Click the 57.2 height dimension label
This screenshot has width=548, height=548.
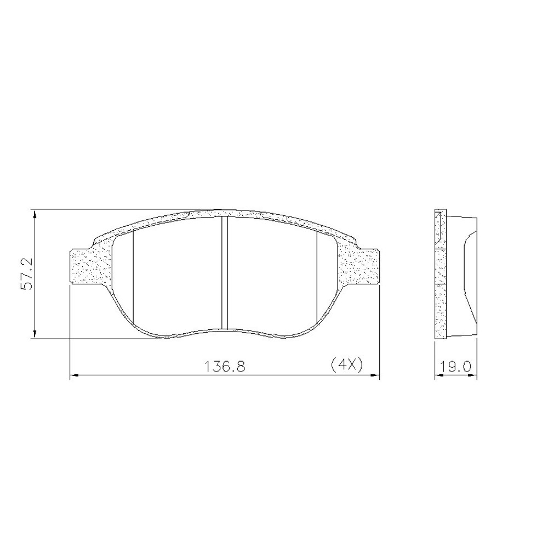pos(26,273)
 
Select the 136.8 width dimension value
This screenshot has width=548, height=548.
pos(225,367)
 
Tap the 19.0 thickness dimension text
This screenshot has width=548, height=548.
pos(456,367)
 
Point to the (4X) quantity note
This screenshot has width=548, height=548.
pos(347,364)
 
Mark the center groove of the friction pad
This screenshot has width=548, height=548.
pos(225,273)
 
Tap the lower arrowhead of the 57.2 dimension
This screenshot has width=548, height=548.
pos(34,334)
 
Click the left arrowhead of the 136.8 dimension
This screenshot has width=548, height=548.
pos(75,376)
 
